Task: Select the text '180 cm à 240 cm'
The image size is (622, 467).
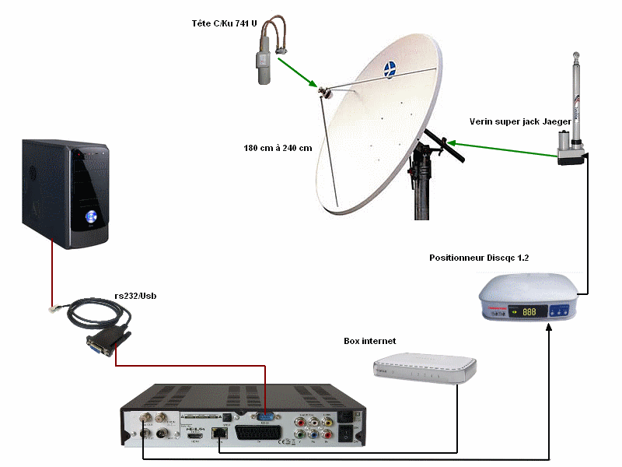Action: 278,147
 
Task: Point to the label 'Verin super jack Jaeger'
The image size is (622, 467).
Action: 520,121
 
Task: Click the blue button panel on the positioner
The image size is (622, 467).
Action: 561,311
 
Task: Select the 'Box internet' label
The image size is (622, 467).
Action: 370,341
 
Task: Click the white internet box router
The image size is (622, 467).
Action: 424,368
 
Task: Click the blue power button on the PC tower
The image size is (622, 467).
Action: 91,216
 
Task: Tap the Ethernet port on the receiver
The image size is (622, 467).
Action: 220,430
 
